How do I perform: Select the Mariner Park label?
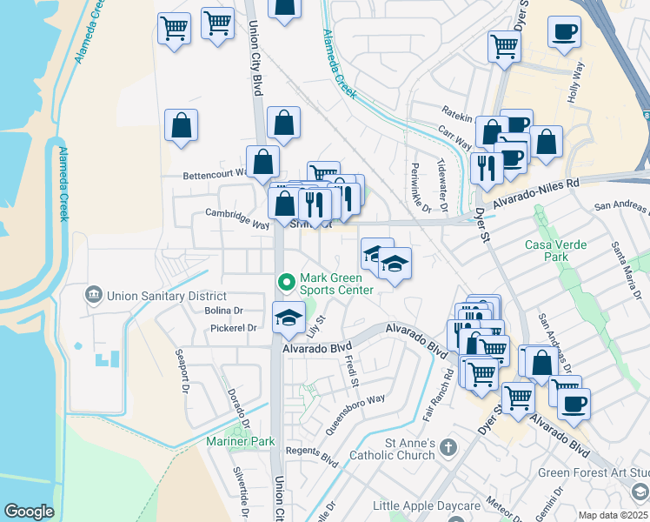241,442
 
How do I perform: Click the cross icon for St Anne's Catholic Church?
448,447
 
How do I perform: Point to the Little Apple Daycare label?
426,505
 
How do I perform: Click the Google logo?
29,512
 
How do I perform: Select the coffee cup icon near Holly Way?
564,33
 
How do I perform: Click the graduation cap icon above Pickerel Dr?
289,318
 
